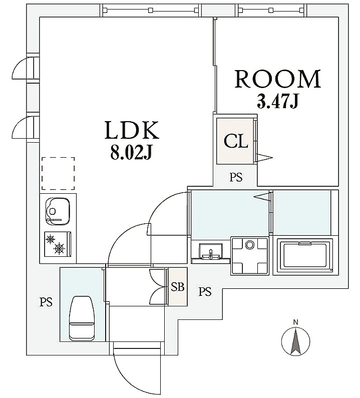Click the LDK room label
coord(132,130)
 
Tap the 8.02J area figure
coord(131,153)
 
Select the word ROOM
coord(278,79)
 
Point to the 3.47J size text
coord(277,102)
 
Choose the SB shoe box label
coord(177,287)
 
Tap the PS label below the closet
coord(236,177)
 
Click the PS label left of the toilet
coord(46,302)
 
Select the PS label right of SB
coord(205,292)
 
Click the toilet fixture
coord(82,318)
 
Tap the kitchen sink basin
coord(58,211)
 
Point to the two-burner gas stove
coord(58,244)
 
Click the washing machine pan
coord(249,256)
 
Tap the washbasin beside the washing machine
coord(210,251)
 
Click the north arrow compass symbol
coord(295,341)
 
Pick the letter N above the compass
coord(295,322)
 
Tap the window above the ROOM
coord(272,10)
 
